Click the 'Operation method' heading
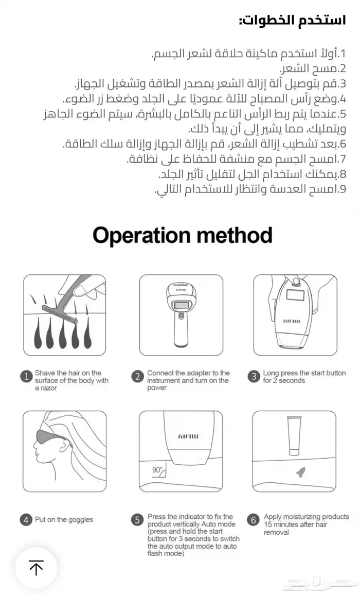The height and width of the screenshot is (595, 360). [x=183, y=235]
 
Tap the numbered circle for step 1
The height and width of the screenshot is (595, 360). [x=26, y=377]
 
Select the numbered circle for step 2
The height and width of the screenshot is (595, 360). [x=137, y=377]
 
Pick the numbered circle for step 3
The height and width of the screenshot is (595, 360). [x=254, y=377]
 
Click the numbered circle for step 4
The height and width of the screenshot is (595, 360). [x=26, y=520]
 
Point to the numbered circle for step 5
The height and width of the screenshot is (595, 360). [x=137, y=520]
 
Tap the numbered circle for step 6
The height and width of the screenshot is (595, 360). [x=254, y=520]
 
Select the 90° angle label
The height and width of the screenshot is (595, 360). [x=157, y=470]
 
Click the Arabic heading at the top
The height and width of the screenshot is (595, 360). [x=292, y=21]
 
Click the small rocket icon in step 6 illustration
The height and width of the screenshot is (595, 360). [x=302, y=472]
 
